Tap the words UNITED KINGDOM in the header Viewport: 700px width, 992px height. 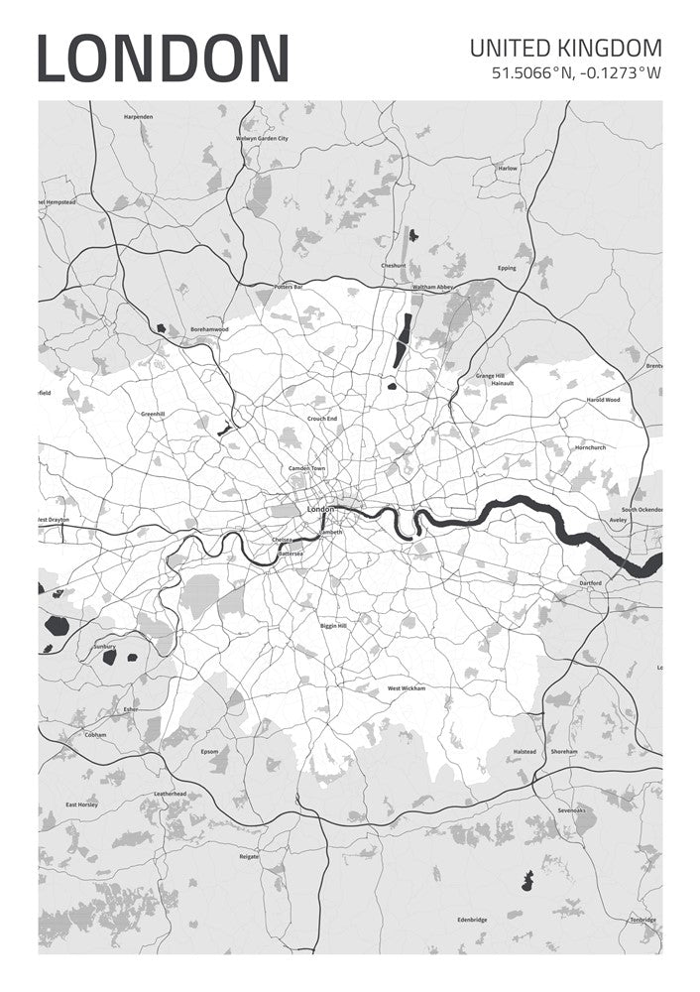(565, 48)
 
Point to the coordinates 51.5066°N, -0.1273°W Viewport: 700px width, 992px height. (576, 72)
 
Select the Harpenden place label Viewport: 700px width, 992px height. (139, 117)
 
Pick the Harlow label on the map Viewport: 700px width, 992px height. (508, 169)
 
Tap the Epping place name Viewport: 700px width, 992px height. (507, 268)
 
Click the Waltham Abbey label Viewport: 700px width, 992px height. (432, 288)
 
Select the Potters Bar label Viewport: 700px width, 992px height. (288, 286)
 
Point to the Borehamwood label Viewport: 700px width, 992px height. (209, 329)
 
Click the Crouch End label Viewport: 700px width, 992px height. (322, 420)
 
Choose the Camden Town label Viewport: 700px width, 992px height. (306, 468)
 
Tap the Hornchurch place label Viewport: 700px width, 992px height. (590, 447)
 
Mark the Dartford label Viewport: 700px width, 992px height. (591, 583)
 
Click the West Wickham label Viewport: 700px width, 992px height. (406, 688)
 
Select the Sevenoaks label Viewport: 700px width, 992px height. (572, 810)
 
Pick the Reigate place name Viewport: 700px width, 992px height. (249, 856)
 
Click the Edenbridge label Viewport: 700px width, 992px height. (472, 920)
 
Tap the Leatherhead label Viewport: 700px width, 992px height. (171, 794)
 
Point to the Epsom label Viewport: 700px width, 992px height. (209, 751)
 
